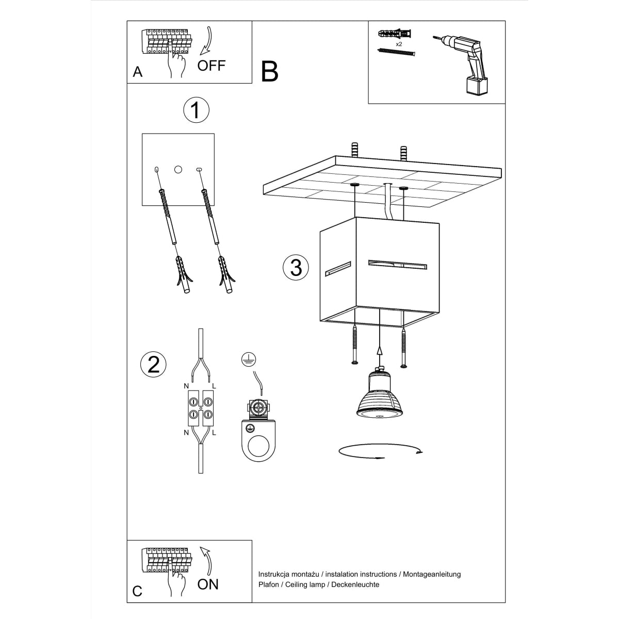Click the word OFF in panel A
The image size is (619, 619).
(211, 66)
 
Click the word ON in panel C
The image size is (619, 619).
(208, 584)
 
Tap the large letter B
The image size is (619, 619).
(269, 72)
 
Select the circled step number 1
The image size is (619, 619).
(196, 110)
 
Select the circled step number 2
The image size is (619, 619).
(153, 364)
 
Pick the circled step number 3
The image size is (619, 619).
(296, 267)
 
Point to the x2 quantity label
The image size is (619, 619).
(399, 44)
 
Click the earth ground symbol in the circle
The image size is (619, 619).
(249, 360)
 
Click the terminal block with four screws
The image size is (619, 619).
(200, 407)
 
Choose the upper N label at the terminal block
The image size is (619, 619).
(186, 386)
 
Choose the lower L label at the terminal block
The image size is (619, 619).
(214, 433)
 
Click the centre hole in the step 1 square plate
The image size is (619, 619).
(178, 169)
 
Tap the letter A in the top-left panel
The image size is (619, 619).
(137, 72)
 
